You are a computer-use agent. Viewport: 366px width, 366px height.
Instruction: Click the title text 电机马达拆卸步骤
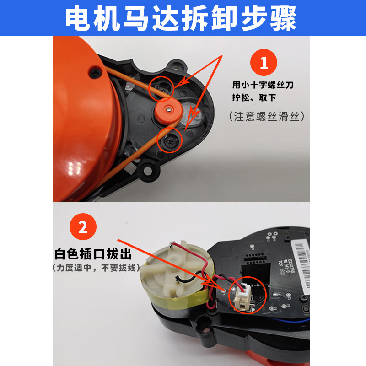[x=183, y=18]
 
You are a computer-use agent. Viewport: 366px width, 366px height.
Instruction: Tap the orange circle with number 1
[x=264, y=63]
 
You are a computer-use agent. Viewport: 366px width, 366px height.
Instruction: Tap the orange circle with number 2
[x=83, y=227]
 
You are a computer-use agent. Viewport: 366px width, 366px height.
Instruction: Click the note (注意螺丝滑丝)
[x=266, y=117]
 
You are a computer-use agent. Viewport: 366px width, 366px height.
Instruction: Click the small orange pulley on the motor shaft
[x=168, y=109]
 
